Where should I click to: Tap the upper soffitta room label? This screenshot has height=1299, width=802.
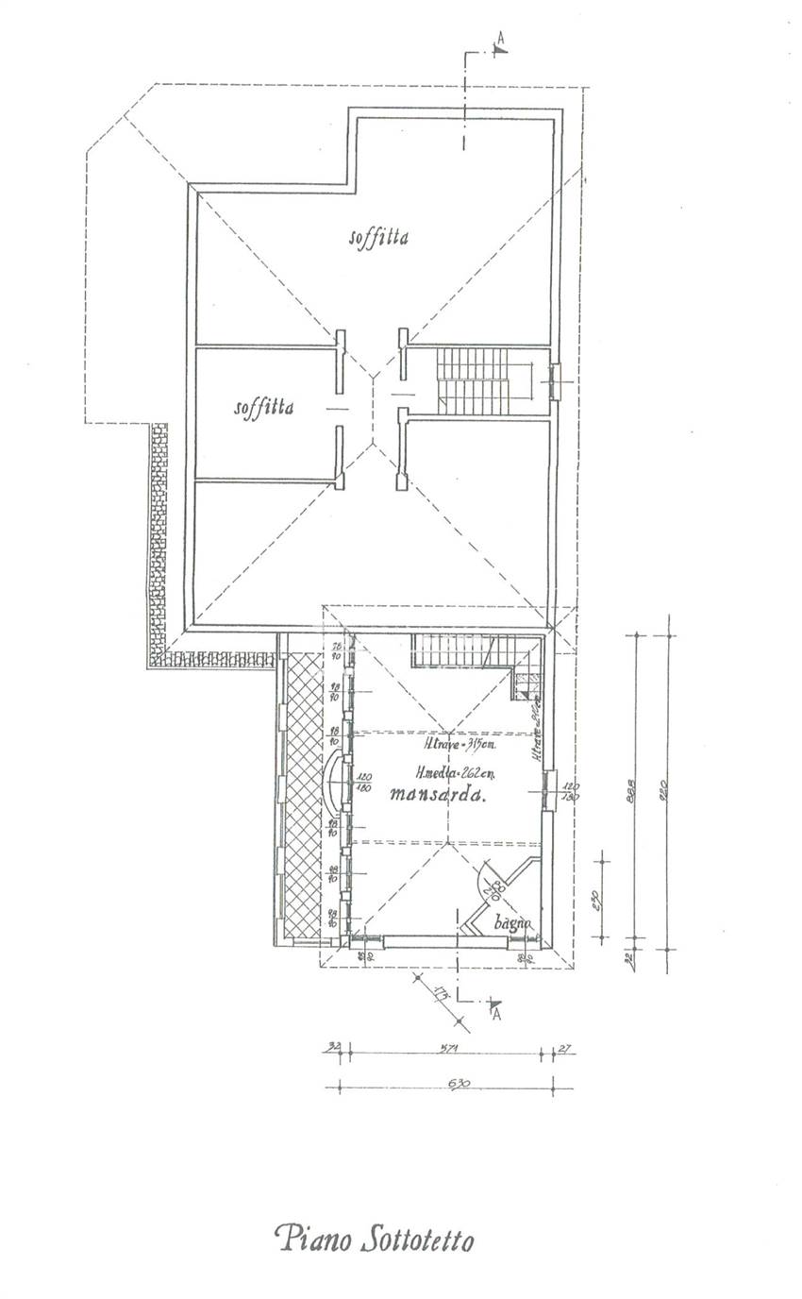(377, 238)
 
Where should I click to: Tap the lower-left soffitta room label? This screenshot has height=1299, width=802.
(263, 408)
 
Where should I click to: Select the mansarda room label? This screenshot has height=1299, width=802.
(437, 795)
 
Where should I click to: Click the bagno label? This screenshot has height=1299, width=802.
(513, 923)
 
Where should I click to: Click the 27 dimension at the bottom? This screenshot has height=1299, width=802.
(564, 1046)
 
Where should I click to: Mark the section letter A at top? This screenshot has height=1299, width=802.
(500, 40)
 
